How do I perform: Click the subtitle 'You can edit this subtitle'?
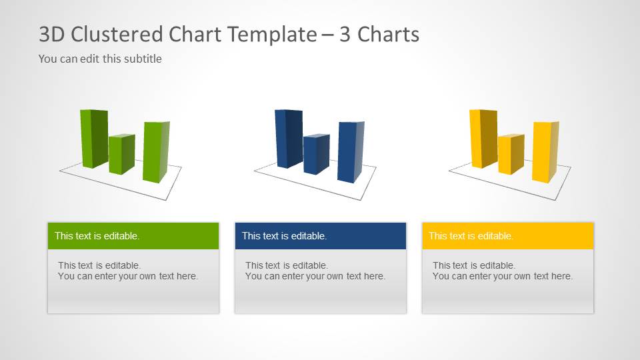point(100,59)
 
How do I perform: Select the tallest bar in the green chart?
point(94,138)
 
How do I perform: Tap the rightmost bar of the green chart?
point(155,152)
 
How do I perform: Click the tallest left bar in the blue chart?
point(288,138)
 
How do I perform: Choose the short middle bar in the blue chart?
point(315,154)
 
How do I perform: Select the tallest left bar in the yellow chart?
point(483,138)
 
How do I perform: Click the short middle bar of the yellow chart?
point(510,154)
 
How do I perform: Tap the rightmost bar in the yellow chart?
point(544,152)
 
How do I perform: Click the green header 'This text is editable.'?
point(97,236)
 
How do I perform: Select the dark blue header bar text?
point(285,236)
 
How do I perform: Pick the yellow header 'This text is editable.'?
point(471,236)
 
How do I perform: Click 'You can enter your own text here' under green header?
point(128,276)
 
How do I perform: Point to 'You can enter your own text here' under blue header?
point(315,276)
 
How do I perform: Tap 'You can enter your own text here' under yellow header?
point(503,276)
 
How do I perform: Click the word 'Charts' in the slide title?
point(389,34)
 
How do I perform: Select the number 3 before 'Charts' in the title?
point(345,34)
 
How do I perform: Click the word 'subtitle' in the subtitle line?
point(142,59)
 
